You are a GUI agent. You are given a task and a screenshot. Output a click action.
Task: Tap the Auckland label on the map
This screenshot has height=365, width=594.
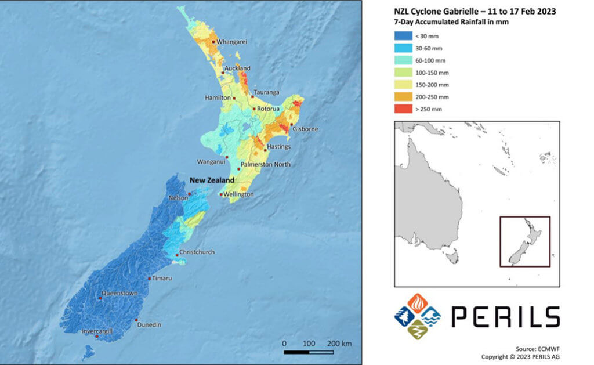237,68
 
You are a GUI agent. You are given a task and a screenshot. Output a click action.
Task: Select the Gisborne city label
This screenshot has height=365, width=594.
305,129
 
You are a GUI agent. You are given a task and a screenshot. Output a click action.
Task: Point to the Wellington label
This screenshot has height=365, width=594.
240,194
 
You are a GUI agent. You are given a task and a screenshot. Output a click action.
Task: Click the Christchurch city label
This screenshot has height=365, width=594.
197,252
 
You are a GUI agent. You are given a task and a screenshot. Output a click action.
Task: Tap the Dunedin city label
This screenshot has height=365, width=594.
149,324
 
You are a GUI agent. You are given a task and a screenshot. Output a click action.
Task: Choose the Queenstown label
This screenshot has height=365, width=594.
119,294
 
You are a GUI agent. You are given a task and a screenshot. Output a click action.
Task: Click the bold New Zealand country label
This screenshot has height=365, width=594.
212,180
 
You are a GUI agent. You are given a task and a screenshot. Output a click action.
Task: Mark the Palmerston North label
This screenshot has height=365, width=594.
266,165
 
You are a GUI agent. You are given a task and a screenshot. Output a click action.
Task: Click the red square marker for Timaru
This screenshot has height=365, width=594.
150,279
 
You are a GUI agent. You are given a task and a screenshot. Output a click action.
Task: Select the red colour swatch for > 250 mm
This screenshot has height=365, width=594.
403,109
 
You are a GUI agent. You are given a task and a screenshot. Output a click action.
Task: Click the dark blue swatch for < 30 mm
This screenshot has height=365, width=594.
403,36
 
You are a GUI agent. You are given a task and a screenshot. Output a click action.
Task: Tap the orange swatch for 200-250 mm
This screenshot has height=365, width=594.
403,96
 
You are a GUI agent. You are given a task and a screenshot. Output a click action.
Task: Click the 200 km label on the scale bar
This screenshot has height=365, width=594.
339,344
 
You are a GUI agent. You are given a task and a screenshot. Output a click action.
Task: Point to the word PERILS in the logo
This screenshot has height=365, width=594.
505,317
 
